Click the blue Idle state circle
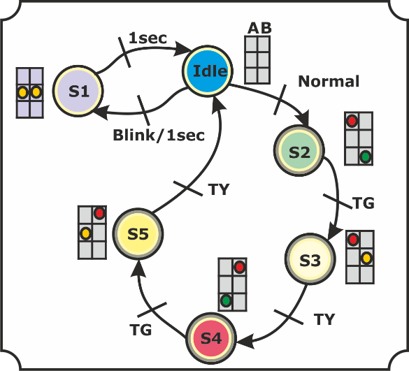[208, 71]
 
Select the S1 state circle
[78, 91]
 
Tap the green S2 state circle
[299, 151]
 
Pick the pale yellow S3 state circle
[310, 259]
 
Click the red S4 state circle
[211, 338]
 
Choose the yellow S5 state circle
[138, 233]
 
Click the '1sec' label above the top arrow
[148, 38]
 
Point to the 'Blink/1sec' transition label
[159, 136]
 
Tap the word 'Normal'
[329, 81]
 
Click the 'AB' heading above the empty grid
[259, 28]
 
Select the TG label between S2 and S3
[364, 203]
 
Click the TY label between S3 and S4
[324, 319]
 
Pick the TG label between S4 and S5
[141, 330]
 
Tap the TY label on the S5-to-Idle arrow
[219, 189]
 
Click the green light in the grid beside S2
[366, 157]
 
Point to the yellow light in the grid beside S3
[366, 258]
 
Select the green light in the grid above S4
[226, 300]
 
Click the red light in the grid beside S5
[99, 214]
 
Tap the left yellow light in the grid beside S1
[22, 92]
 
